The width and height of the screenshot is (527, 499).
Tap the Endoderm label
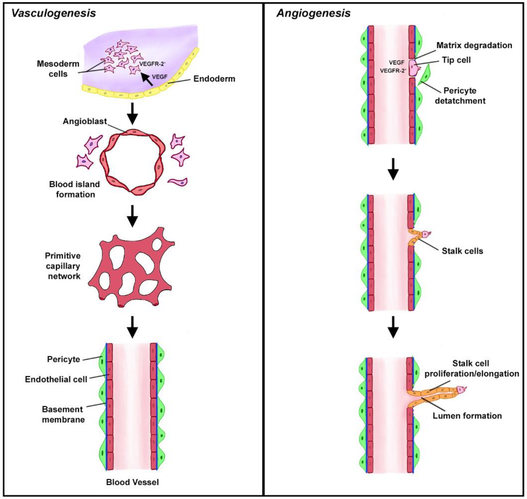pos(214,79)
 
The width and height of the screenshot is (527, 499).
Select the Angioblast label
pos(85,121)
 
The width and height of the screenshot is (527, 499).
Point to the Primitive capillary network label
pos(63,266)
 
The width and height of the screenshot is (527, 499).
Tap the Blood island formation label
pos(75,189)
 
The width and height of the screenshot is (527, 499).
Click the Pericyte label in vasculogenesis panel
pos(64,359)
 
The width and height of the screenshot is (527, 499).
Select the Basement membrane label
pos(63,414)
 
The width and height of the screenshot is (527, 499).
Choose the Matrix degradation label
pos(474,45)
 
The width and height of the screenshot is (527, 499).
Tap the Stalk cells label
pos(462,251)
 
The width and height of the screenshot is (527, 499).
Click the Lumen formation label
pos(467,416)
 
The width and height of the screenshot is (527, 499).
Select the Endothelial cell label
pos(56,379)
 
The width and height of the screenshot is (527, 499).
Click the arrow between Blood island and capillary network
pos(132,216)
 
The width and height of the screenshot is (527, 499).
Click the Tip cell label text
pos(456,60)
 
